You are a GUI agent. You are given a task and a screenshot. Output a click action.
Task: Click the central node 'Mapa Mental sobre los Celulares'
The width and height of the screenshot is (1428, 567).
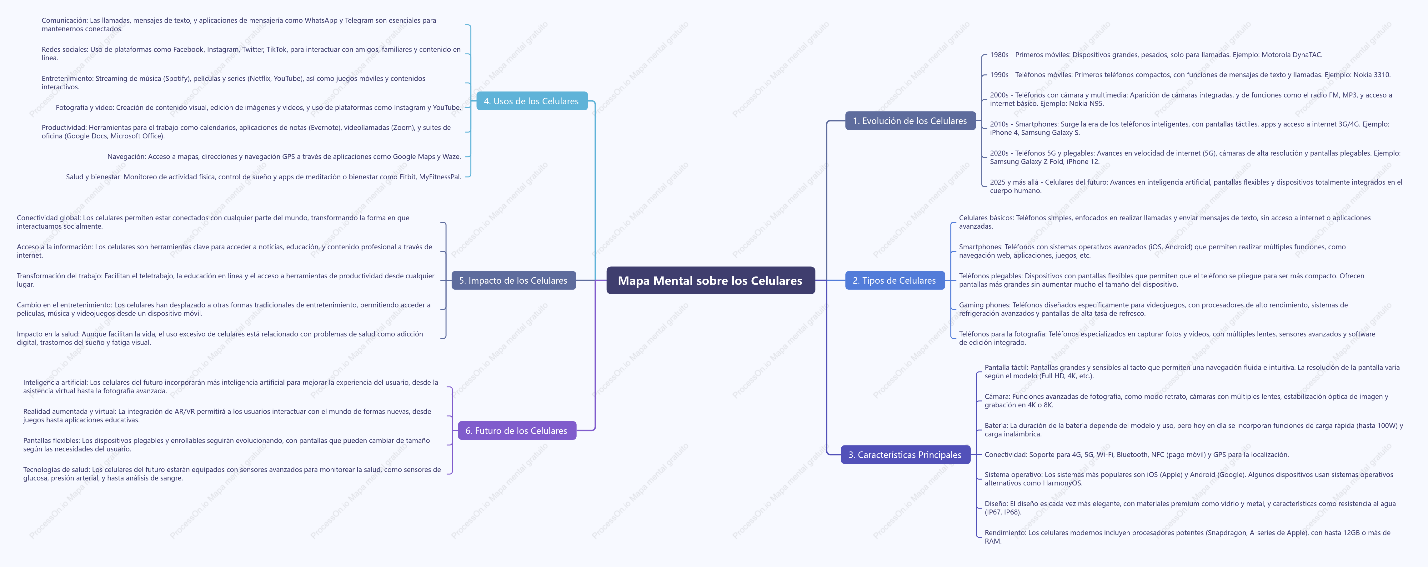pos(710,281)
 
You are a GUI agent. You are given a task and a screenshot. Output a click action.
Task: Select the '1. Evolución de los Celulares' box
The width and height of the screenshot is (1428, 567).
pos(910,121)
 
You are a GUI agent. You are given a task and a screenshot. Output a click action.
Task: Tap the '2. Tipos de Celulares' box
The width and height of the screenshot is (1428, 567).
pos(894,281)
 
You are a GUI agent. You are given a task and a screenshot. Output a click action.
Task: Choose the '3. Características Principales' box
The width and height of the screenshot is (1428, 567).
pos(905,455)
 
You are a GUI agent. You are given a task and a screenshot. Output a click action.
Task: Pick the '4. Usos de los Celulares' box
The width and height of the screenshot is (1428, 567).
pos(532,101)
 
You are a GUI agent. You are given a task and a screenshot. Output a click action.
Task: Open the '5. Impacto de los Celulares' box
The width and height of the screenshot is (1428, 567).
pos(513,281)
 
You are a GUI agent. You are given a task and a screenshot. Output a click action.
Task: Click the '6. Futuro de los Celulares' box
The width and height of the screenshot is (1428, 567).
pos(517,431)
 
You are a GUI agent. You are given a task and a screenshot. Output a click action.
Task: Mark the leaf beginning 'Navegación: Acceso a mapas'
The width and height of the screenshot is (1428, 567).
pos(284,156)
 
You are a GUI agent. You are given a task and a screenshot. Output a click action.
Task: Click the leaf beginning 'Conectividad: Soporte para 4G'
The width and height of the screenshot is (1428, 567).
pos(1136,455)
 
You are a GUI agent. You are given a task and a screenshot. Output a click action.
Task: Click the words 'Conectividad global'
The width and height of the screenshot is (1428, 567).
pos(48,218)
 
